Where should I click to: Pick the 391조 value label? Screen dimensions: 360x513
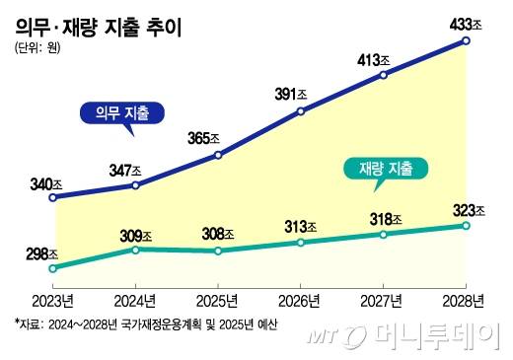click(x=300, y=94)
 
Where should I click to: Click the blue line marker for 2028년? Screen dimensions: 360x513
click(x=465, y=41)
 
